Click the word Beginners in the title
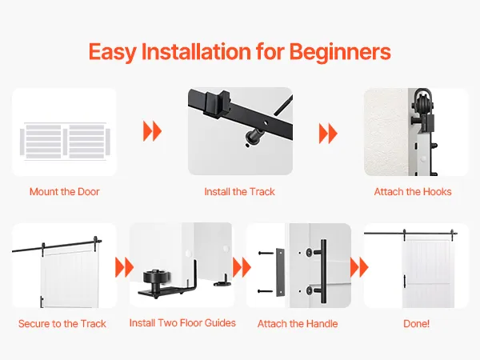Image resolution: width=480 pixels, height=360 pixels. pos(340,52)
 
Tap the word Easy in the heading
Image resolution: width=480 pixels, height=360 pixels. pos(112,52)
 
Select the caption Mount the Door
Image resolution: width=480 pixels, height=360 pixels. pos(65,192)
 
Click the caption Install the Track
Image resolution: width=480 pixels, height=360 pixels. pos(239,192)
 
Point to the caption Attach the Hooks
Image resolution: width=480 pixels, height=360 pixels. pos(413,192)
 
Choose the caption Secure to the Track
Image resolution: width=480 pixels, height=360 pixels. pos(62,323)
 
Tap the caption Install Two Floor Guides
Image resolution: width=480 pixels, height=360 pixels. pos(182,323)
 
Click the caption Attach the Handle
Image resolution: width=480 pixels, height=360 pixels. pos(298,323)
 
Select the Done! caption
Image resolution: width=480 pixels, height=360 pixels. pos(416,323)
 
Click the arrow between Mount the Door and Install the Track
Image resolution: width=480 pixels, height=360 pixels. pos(152,131)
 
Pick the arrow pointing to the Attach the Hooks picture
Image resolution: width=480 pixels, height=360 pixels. pos(328,134)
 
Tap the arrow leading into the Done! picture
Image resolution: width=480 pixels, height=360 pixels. pos(359,267)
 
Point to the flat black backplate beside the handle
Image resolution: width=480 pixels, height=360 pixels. pos(280,272)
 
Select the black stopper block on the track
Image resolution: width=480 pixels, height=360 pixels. pos(217,103)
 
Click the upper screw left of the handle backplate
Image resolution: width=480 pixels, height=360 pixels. pos(265,253)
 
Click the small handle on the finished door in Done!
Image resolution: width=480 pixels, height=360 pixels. pos(405,281)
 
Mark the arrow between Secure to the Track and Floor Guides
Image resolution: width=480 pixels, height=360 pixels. pos(124,267)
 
